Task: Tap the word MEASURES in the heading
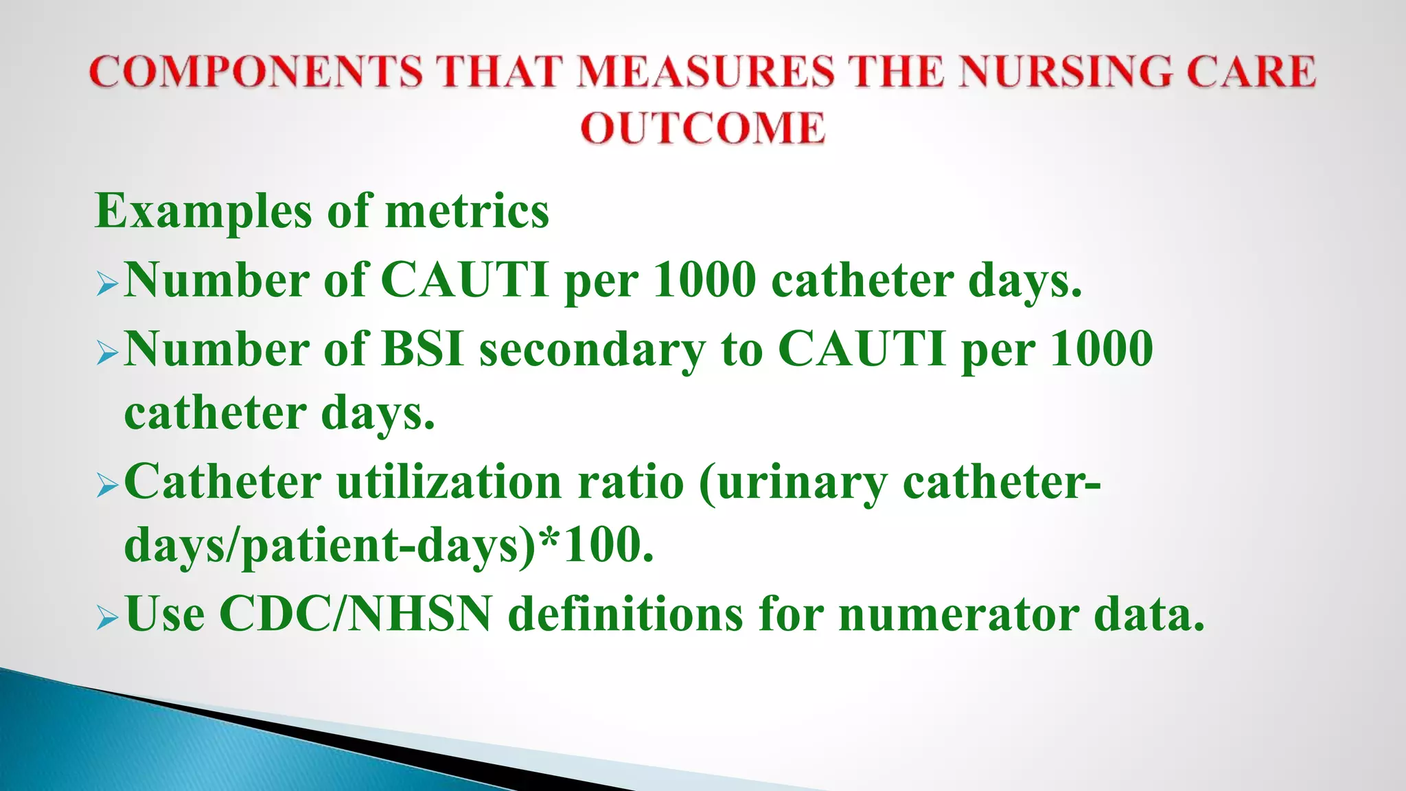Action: coord(706,71)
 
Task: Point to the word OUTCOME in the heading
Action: coord(702,128)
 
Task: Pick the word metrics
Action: coord(467,211)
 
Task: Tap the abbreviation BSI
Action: coord(422,349)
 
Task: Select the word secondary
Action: coord(592,350)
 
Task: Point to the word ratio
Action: coord(631,481)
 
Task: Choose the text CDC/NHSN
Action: coord(356,613)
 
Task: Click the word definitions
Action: coord(625,613)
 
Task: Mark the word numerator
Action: coord(958,613)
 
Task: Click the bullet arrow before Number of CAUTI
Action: coord(108,284)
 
